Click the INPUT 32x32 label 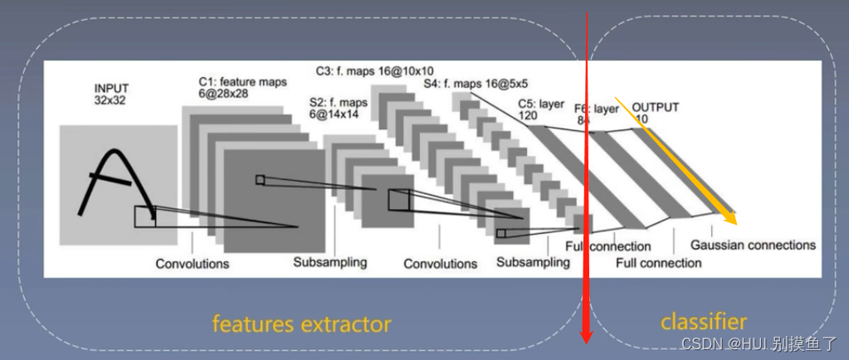(112, 94)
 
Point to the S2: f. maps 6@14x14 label (339, 109)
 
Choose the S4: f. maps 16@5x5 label (476, 84)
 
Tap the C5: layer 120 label (541, 109)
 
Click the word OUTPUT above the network (656, 107)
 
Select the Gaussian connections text (753, 245)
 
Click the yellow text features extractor (301, 322)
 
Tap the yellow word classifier (704, 321)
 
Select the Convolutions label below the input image (193, 264)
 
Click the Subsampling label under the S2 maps (329, 262)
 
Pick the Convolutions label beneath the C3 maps (441, 264)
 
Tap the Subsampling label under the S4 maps (534, 262)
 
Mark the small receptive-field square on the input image (145, 216)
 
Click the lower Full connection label (658, 263)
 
